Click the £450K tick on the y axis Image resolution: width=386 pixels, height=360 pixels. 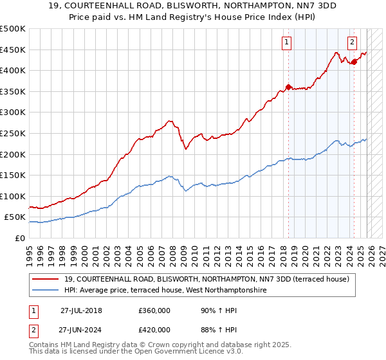tap(12, 50)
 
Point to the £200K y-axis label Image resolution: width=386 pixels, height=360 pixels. tap(12, 154)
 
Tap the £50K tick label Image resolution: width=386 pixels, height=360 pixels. tap(14, 217)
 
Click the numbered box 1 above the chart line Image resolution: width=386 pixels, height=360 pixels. tap(286, 43)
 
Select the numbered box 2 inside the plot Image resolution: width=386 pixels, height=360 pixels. tap(353, 43)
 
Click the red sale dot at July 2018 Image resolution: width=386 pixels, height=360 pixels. tap(288, 87)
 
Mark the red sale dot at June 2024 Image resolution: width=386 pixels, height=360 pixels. tap(354, 62)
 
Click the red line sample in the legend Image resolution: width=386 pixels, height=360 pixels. tap(46, 279)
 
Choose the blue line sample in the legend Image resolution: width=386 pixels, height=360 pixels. tap(46, 291)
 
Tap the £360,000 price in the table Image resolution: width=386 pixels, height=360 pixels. tap(154, 310)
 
